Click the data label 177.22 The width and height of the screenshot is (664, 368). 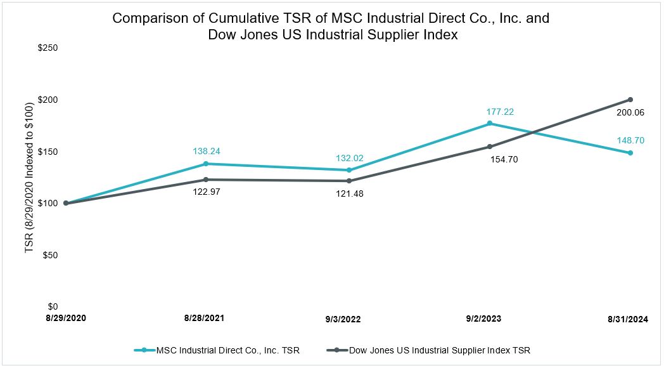pyautogui.click(x=499, y=112)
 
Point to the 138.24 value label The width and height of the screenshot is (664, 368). pyautogui.click(x=207, y=152)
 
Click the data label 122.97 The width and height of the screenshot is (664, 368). pyautogui.click(x=207, y=191)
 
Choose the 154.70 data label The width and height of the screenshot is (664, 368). pyautogui.click(x=504, y=159)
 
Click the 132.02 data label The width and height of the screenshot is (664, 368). pyautogui.click(x=350, y=159)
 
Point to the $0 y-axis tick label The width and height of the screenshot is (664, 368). pyautogui.click(x=53, y=306)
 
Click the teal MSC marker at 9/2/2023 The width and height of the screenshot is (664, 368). pyautogui.click(x=489, y=123)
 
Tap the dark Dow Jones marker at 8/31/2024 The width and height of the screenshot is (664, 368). pyautogui.click(x=630, y=100)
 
